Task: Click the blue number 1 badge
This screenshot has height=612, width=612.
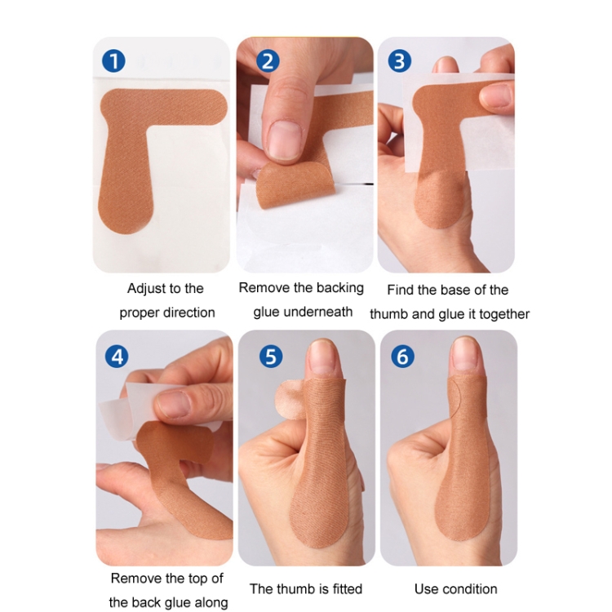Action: click(113, 61)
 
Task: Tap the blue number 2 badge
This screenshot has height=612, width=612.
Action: click(268, 61)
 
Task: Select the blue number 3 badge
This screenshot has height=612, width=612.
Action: click(399, 61)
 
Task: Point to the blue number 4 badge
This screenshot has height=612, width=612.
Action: click(117, 357)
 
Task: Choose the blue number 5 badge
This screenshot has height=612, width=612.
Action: click(271, 357)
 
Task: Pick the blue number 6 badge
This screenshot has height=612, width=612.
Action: click(402, 357)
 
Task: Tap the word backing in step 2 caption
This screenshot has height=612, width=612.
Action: click(340, 288)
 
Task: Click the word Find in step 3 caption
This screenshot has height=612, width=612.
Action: click(401, 290)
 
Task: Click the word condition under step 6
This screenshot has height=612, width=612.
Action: click(470, 588)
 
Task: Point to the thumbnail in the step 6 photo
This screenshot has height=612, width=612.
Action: click(465, 354)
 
